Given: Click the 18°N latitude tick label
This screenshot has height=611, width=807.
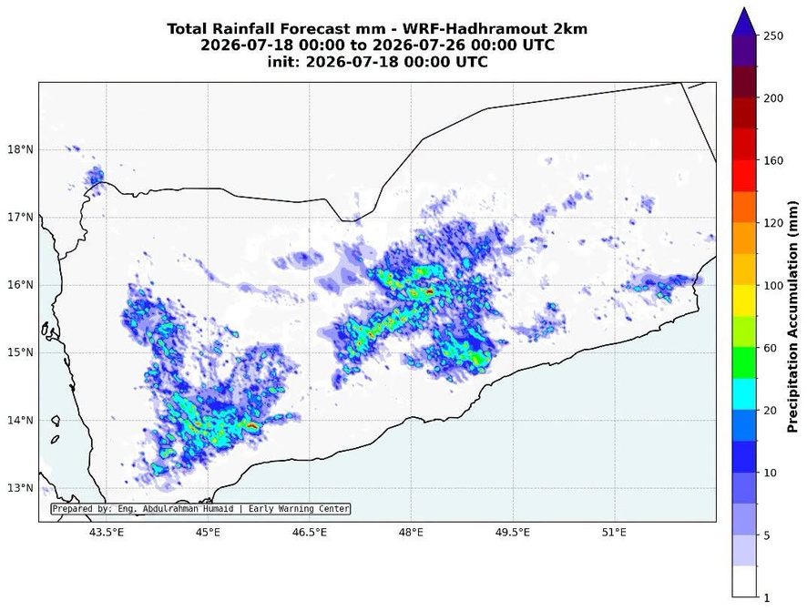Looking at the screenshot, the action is tap(20, 149).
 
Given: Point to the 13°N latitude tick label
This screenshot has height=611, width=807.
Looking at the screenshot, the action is tap(20, 487).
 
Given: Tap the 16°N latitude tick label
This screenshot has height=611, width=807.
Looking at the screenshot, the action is tap(20, 285).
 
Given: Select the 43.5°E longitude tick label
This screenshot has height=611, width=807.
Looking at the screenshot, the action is tap(107, 533).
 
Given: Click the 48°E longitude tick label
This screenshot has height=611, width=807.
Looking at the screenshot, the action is tap(411, 533).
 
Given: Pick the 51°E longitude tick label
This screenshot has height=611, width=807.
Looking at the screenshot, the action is tap(614, 533).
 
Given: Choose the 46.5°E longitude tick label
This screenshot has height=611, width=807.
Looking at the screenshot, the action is tap(310, 533).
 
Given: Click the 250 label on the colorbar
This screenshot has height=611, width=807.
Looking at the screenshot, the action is tap(773, 36).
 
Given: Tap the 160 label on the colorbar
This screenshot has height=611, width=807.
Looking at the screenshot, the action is tap(773, 160).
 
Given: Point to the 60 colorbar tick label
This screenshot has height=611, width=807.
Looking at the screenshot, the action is tap(771, 348).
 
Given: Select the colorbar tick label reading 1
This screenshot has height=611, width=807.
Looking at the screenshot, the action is tap(767, 597).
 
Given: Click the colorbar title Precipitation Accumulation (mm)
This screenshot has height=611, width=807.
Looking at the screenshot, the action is tap(793, 316).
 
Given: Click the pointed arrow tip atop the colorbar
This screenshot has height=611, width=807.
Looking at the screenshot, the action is tap(745, 8).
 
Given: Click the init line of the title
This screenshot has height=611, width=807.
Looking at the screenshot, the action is tap(377, 62).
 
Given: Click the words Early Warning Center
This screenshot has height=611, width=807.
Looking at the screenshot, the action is tap(299, 509).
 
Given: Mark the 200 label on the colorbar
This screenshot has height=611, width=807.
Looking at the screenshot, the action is tap(773, 98).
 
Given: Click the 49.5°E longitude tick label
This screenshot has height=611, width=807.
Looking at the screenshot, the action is tap(512, 533).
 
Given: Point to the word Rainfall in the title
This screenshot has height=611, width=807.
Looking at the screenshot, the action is tap(244, 29).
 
